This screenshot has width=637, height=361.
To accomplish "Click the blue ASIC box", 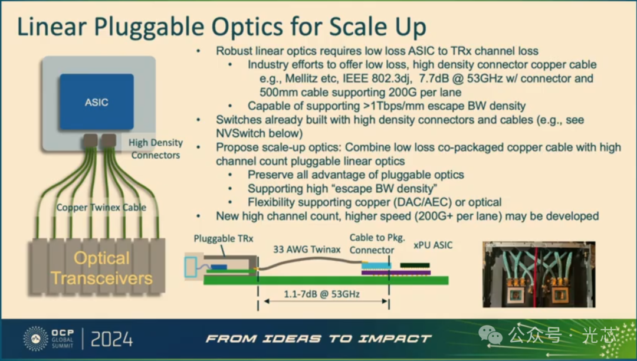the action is click(x=97, y=102).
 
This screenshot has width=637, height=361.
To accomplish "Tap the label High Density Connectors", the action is click(x=156, y=149).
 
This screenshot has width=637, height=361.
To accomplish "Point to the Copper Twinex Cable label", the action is click(x=101, y=208).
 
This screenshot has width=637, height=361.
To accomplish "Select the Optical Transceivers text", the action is click(x=101, y=268).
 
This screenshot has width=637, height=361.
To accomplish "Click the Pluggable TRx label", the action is click(x=224, y=239).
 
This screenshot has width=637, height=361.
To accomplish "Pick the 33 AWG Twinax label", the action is click(x=307, y=250).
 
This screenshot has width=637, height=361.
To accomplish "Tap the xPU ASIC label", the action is click(x=433, y=245).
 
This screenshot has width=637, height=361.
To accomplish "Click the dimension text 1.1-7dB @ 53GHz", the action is click(x=321, y=294).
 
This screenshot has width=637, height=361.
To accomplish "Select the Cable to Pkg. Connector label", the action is click(x=377, y=244).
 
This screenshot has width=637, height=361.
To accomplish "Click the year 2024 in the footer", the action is click(x=111, y=339).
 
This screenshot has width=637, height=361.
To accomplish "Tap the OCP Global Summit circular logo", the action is click(x=35, y=338).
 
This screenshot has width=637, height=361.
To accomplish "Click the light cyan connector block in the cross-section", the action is click(x=376, y=266).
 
